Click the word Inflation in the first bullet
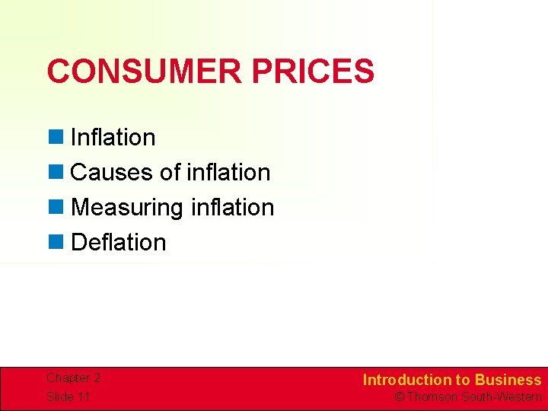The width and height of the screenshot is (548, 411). [113, 138]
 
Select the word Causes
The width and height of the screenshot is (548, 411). [112, 173]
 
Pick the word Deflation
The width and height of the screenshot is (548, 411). [118, 243]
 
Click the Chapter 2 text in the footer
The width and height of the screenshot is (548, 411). [73, 378]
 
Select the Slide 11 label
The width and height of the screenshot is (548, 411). [68, 397]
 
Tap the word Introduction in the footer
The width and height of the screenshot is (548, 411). [407, 380]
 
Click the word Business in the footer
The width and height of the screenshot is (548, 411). [508, 380]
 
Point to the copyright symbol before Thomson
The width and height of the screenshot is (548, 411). [400, 397]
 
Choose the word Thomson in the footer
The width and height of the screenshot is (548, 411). [433, 397]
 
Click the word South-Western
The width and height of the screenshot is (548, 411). [502, 397]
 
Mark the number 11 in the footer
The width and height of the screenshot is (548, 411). [83, 397]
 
